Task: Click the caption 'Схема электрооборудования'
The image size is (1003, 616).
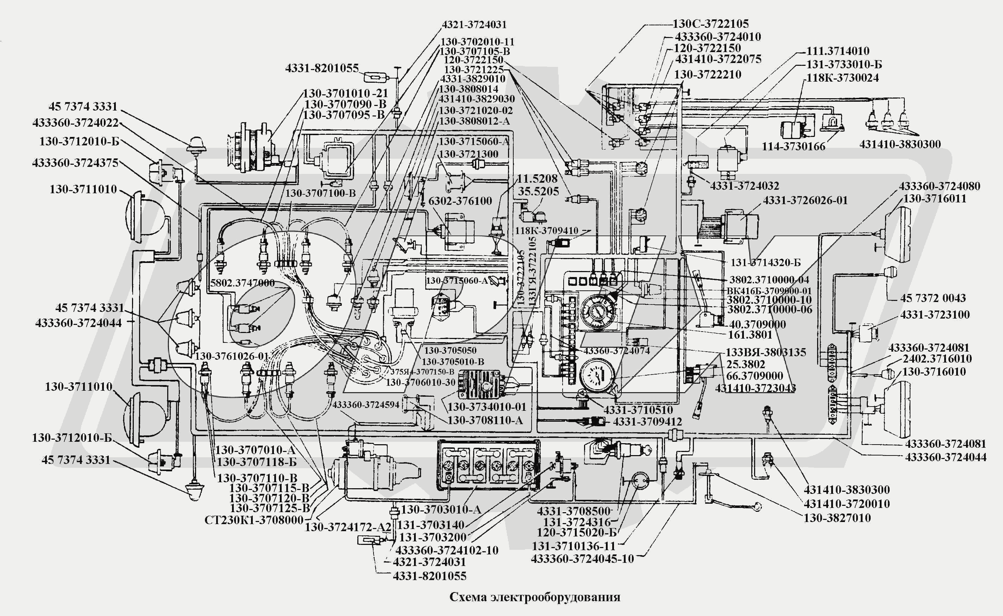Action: pos(534,597)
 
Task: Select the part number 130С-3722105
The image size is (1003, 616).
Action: pos(710,24)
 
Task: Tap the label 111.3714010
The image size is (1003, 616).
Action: pos(838,51)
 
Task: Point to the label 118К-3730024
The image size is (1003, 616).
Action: pos(842,77)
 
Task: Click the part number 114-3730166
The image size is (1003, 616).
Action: pos(794,146)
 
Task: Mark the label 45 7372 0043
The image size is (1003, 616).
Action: pos(933,298)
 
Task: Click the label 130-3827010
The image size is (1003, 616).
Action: pos(837,518)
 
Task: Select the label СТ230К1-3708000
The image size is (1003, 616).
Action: pos(254,520)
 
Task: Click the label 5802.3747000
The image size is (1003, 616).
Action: pos(243,283)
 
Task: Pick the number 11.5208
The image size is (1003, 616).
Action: pos(537,178)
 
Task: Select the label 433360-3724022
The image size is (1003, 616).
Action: pos(75,122)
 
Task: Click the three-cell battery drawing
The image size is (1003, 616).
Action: pos(488,465)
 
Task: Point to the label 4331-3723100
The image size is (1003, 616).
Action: pos(935,315)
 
